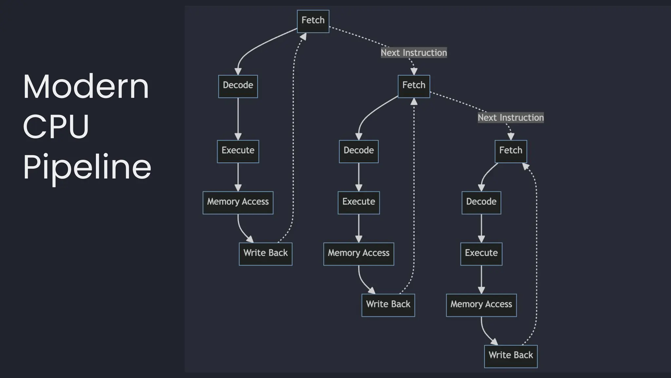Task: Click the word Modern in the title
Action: pos(86,87)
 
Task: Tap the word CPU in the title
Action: pos(56,127)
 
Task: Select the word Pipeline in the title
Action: pos(87,167)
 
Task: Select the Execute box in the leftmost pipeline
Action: pos(238,151)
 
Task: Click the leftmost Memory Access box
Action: pos(238,202)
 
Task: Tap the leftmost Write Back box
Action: pos(265,254)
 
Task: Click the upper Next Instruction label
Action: pos(413,53)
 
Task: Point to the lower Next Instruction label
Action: pos(510,117)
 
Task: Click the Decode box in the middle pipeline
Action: pos(358,151)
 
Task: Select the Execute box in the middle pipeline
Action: pos(358,202)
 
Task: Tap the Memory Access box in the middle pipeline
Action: pos(358,254)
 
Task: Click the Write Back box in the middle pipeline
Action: pos(388,305)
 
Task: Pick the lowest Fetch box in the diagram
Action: pos(510,151)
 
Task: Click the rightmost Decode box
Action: pos(481,202)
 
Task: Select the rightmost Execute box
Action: pos(481,254)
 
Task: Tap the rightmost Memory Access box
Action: pos(481,305)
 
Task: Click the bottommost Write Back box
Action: pos(510,356)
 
